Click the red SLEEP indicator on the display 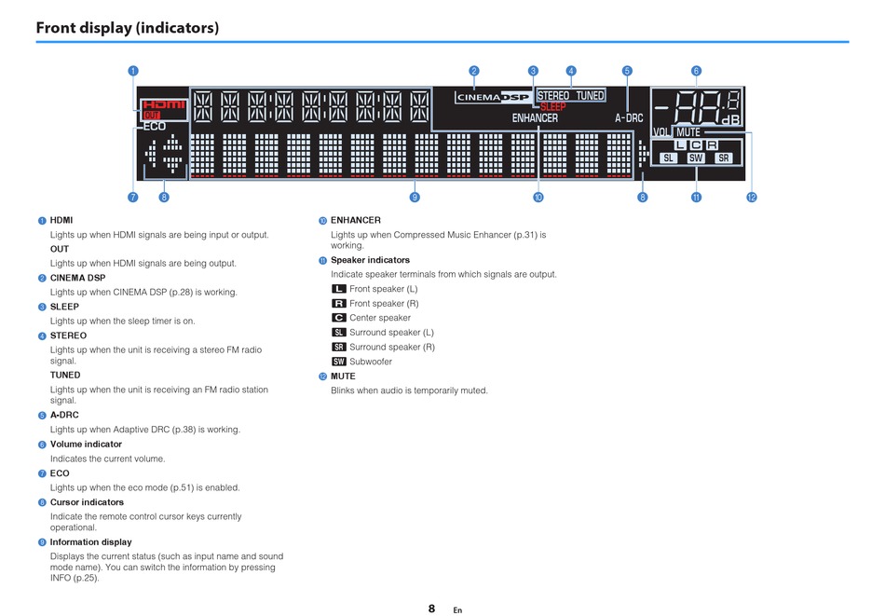[552, 107]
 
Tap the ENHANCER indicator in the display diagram [535, 118]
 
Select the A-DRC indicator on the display [629, 118]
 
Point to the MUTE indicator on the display [688, 132]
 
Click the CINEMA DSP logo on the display [492, 97]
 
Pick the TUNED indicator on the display [590, 96]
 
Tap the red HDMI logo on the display [164, 104]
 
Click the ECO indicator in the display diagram [155, 126]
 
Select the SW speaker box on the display [696, 158]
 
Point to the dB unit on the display [731, 121]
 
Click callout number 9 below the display [415, 197]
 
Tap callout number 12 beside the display [752, 197]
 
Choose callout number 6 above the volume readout [696, 71]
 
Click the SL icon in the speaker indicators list [339, 333]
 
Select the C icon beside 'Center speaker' [339, 318]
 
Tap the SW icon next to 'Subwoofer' [339, 362]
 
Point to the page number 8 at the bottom [431, 609]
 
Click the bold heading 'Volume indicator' [86, 445]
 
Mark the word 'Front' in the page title [61, 27]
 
